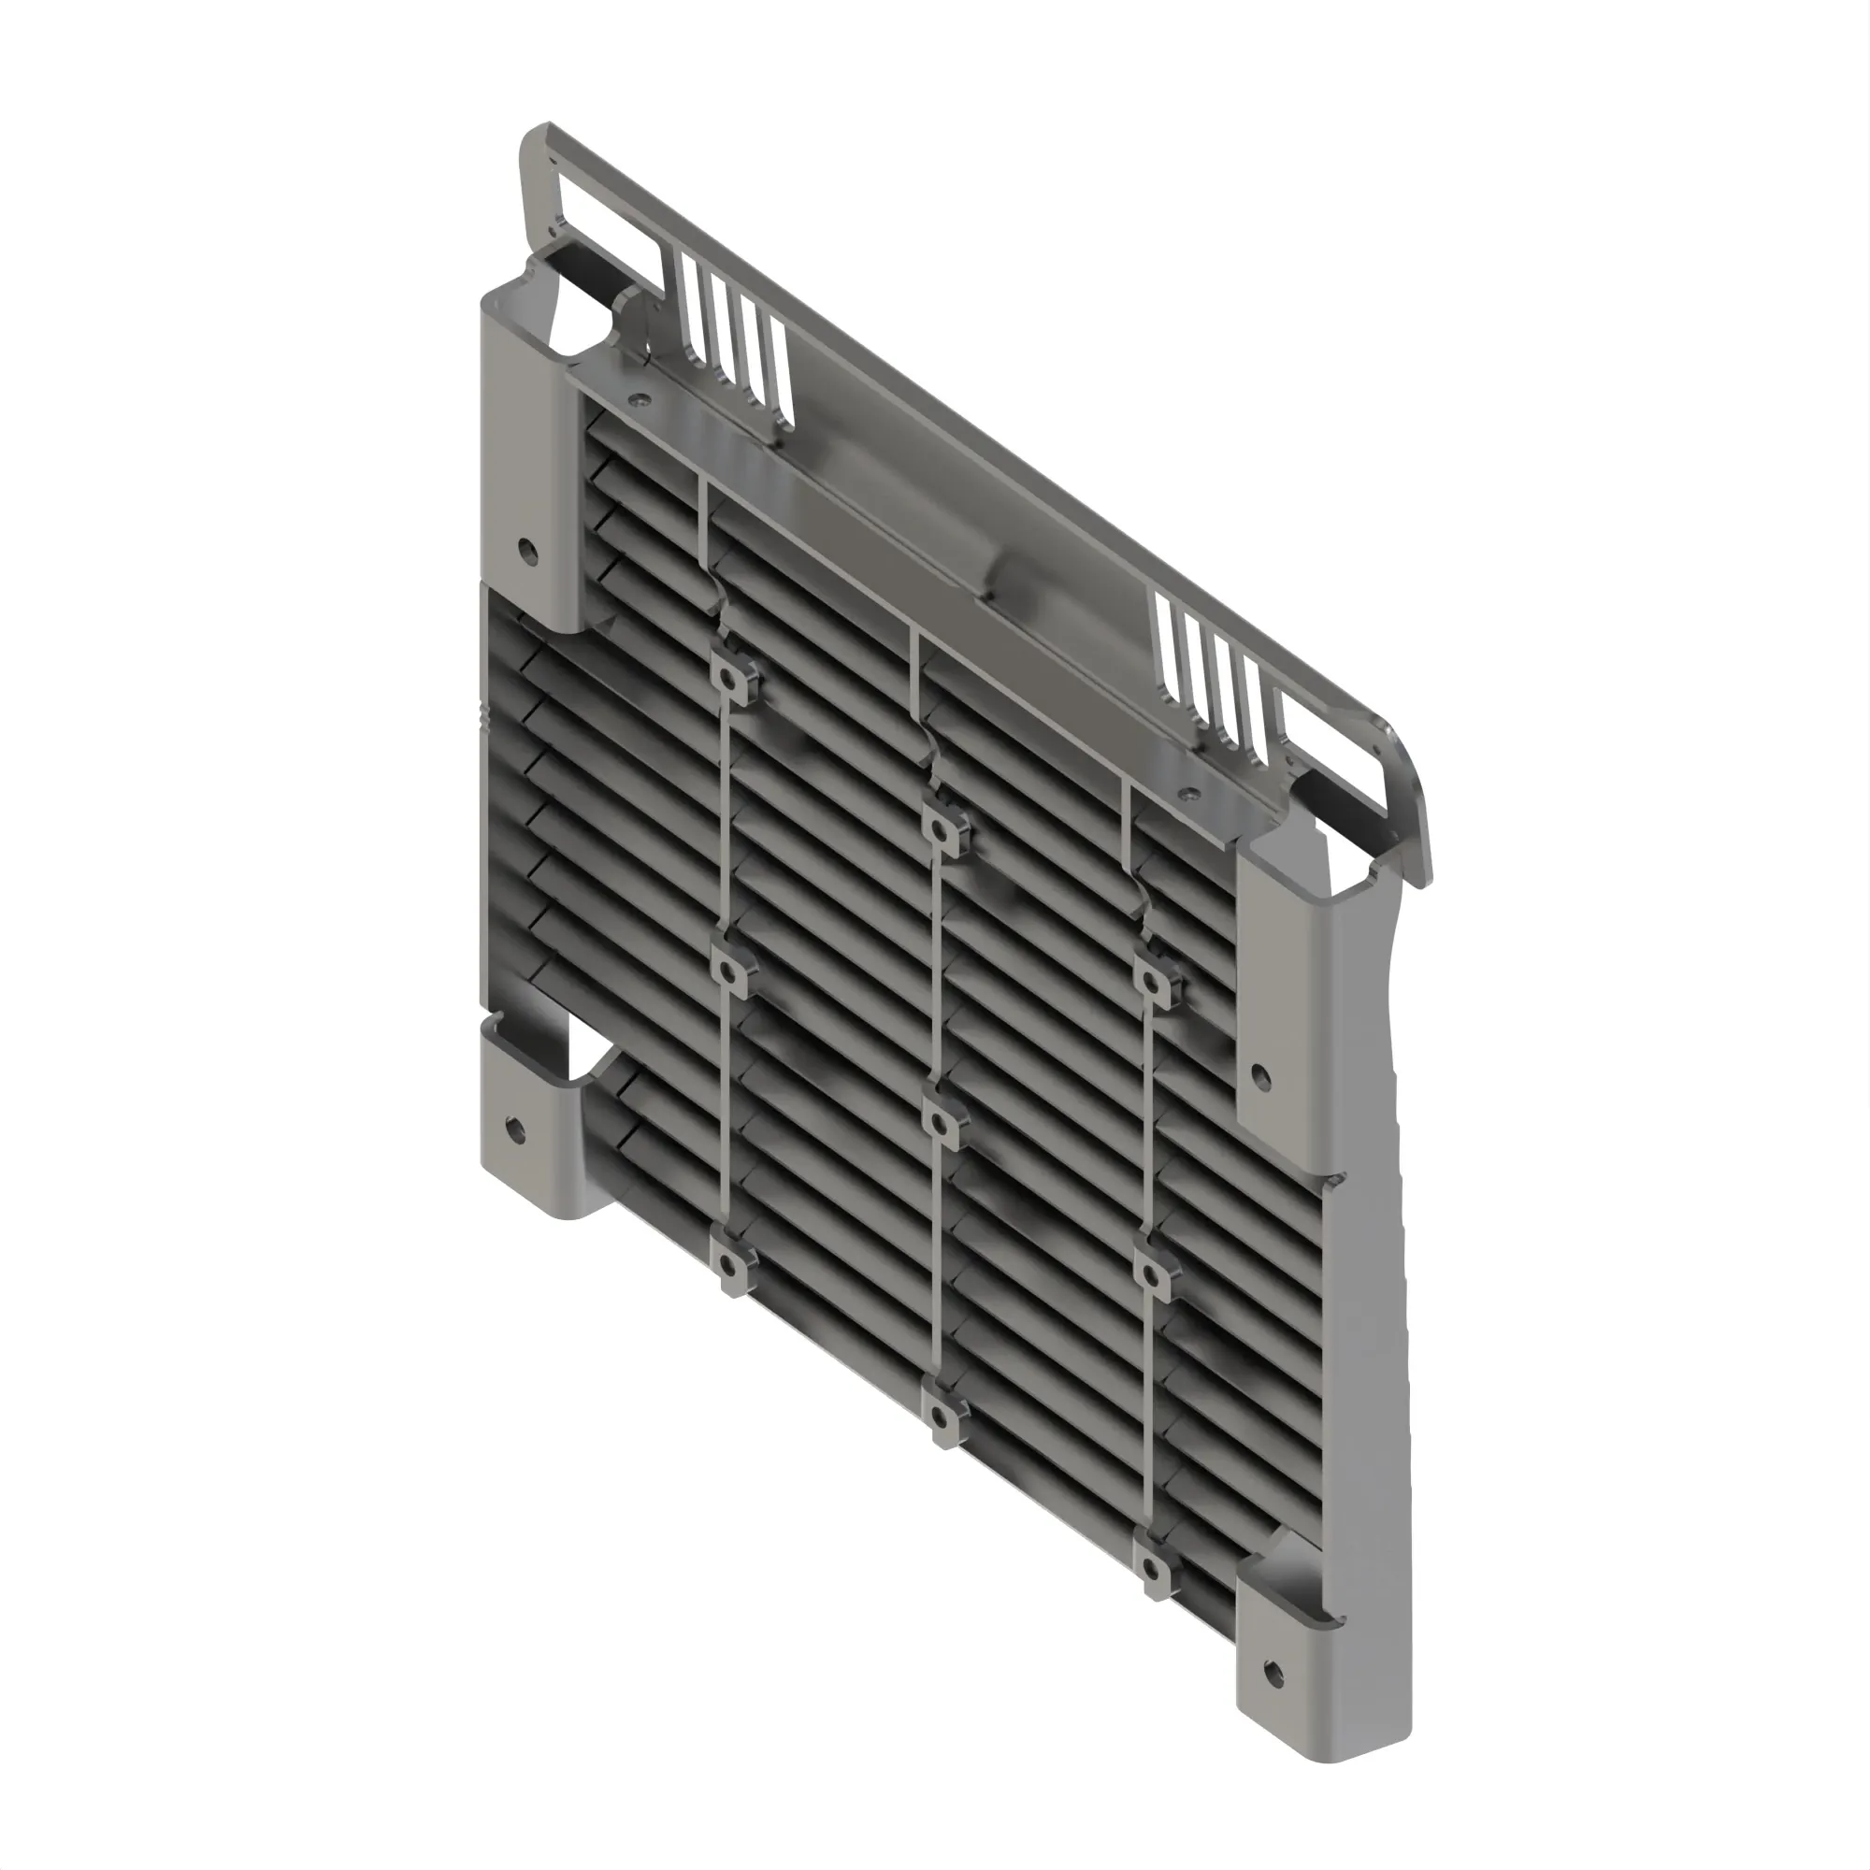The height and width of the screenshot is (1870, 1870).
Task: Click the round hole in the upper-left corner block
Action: pyautogui.click(x=527, y=551)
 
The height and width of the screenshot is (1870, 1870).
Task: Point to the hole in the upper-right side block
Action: pyautogui.click(x=1260, y=1073)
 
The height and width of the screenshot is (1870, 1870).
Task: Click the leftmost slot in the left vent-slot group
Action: pyautogui.click(x=691, y=308)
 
